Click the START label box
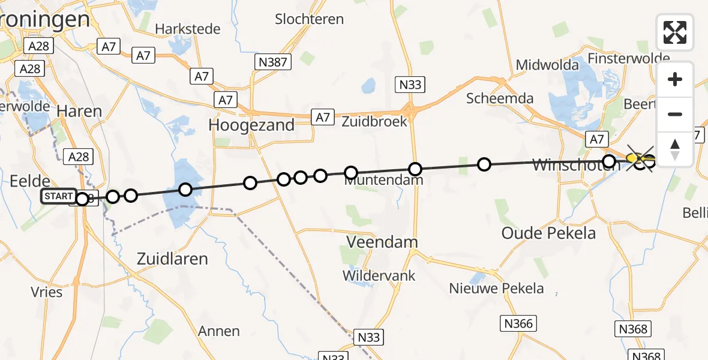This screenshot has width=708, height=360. pos(59,196)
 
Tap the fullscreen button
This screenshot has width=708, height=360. pos(675,32)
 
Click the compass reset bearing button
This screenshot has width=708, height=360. pos(675,149)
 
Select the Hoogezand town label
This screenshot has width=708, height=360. pos(251,125)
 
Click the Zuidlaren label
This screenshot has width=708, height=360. pos(172,259)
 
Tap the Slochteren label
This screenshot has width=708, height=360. pos(310,19)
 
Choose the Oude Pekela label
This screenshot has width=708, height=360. pos(548,233)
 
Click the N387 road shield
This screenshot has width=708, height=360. pos(272,61)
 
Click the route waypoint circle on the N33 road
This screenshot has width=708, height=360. pos(415,169)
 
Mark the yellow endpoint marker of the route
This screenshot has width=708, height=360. pos(632,158)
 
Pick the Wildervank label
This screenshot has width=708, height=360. pos(379,276)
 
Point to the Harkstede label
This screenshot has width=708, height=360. pos(187,29)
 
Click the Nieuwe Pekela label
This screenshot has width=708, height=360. pos(497,289)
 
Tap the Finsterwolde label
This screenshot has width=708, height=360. pos(628,58)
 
